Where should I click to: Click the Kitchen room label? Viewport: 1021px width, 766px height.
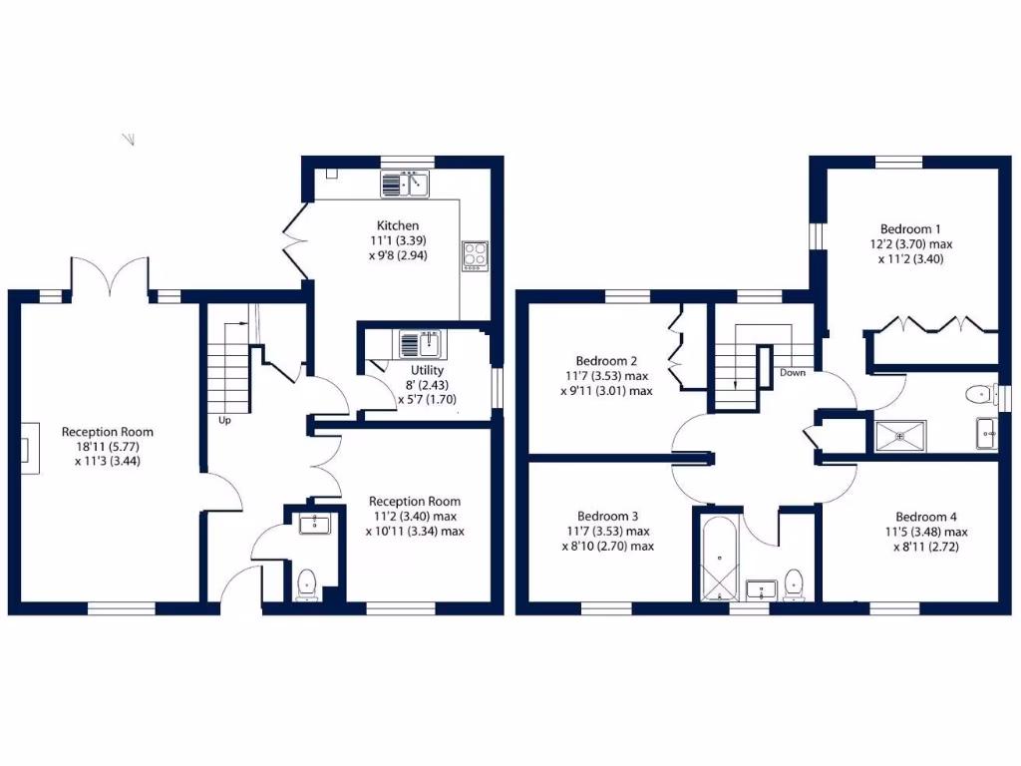click(398, 225)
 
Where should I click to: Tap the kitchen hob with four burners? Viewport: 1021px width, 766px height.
click(474, 255)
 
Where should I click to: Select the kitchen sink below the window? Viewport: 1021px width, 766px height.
click(404, 185)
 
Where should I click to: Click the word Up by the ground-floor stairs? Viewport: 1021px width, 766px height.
click(225, 420)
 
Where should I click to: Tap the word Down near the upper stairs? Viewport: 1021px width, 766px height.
click(793, 373)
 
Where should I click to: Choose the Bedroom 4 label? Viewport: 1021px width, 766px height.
click(925, 517)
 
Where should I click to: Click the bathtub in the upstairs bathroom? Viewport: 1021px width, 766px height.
click(719, 559)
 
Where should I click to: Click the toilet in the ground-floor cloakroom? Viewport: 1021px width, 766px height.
click(307, 582)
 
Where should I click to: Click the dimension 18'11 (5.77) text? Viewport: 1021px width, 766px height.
click(108, 447)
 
